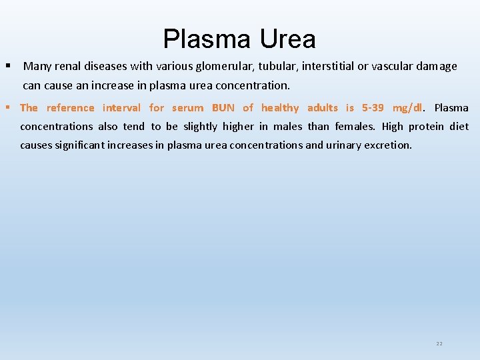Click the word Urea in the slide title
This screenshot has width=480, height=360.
pyautogui.click(x=287, y=39)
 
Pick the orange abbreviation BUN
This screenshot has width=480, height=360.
pyautogui.click(x=223, y=107)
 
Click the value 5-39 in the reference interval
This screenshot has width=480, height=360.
pyautogui.click(x=373, y=107)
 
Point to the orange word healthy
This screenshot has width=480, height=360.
pyautogui.click(x=280, y=107)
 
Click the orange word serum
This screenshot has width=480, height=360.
pyautogui.click(x=187, y=107)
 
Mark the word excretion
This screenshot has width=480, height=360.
pyautogui.click(x=388, y=145)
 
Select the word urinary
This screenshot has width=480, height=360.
pyautogui.click(x=343, y=145)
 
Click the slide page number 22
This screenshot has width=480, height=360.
pyautogui.click(x=439, y=343)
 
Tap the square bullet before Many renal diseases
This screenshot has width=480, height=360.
pyautogui.click(x=8, y=66)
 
